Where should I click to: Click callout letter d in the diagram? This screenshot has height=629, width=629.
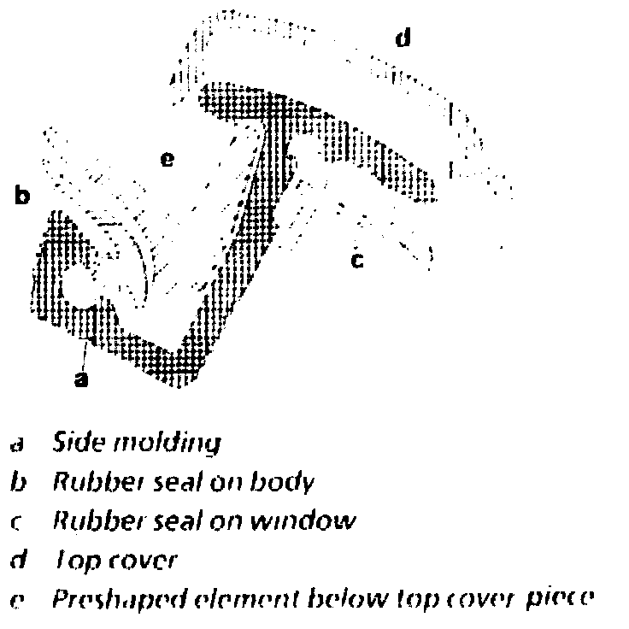coord(402,38)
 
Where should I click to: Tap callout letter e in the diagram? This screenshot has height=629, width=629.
coord(168,159)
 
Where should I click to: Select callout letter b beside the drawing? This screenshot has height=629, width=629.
coord(23,197)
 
